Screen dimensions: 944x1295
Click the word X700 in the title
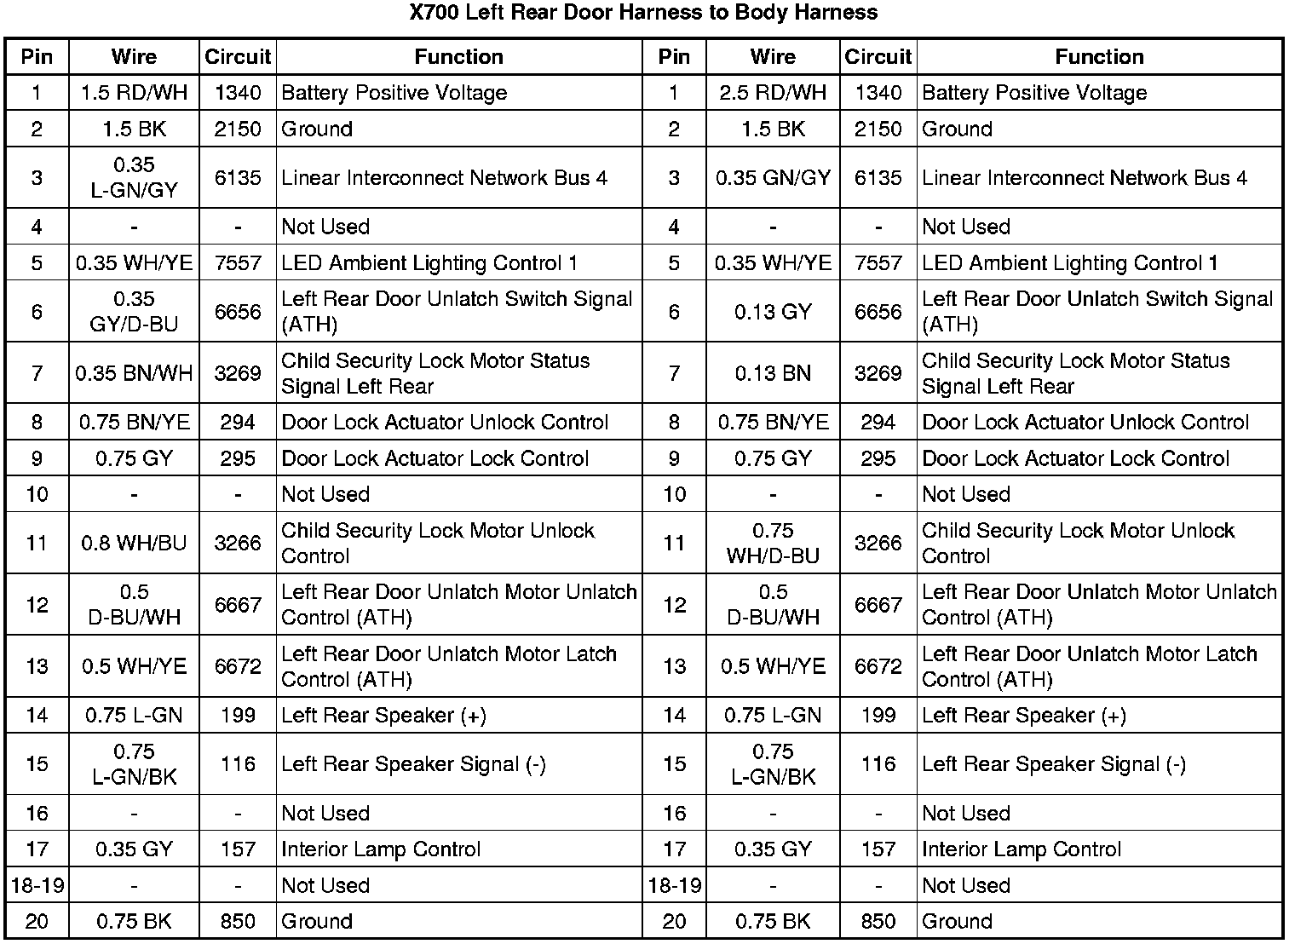(435, 13)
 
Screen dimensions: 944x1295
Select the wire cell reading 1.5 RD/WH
(134, 93)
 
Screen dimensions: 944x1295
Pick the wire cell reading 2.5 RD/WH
(773, 93)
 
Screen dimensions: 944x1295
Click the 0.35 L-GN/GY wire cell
(134, 177)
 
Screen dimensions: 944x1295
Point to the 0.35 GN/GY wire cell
(773, 177)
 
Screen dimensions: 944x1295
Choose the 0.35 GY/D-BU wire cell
(134, 312)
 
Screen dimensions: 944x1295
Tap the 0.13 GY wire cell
(773, 312)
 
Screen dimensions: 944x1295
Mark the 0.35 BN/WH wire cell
(134, 373)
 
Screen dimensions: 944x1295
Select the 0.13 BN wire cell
(773, 373)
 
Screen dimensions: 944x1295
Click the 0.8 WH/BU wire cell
(134, 543)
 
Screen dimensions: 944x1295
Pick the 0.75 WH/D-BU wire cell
(773, 543)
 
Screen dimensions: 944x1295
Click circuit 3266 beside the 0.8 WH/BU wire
(238, 543)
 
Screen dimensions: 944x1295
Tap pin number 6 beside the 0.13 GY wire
(674, 312)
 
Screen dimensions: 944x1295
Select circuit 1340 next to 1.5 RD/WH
(238, 93)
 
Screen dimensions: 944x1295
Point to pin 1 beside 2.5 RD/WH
(674, 93)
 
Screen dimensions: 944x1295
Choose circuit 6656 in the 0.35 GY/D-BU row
(238, 312)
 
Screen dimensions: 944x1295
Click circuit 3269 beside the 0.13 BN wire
(878, 373)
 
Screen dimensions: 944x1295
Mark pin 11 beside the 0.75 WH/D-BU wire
(674, 543)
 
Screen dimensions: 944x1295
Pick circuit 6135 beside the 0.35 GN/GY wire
(878, 177)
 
